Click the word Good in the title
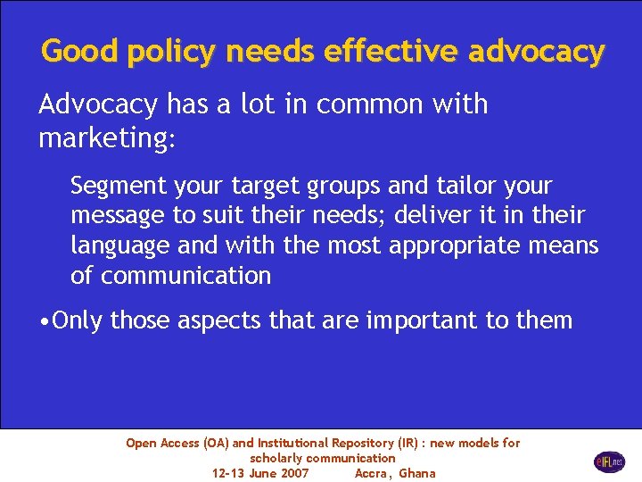pos(80,51)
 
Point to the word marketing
pos(106,139)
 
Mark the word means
pos(564,245)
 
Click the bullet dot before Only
pos(45,320)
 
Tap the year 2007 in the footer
pos(293,473)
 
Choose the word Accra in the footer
pos(373,473)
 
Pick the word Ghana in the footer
pos(417,473)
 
